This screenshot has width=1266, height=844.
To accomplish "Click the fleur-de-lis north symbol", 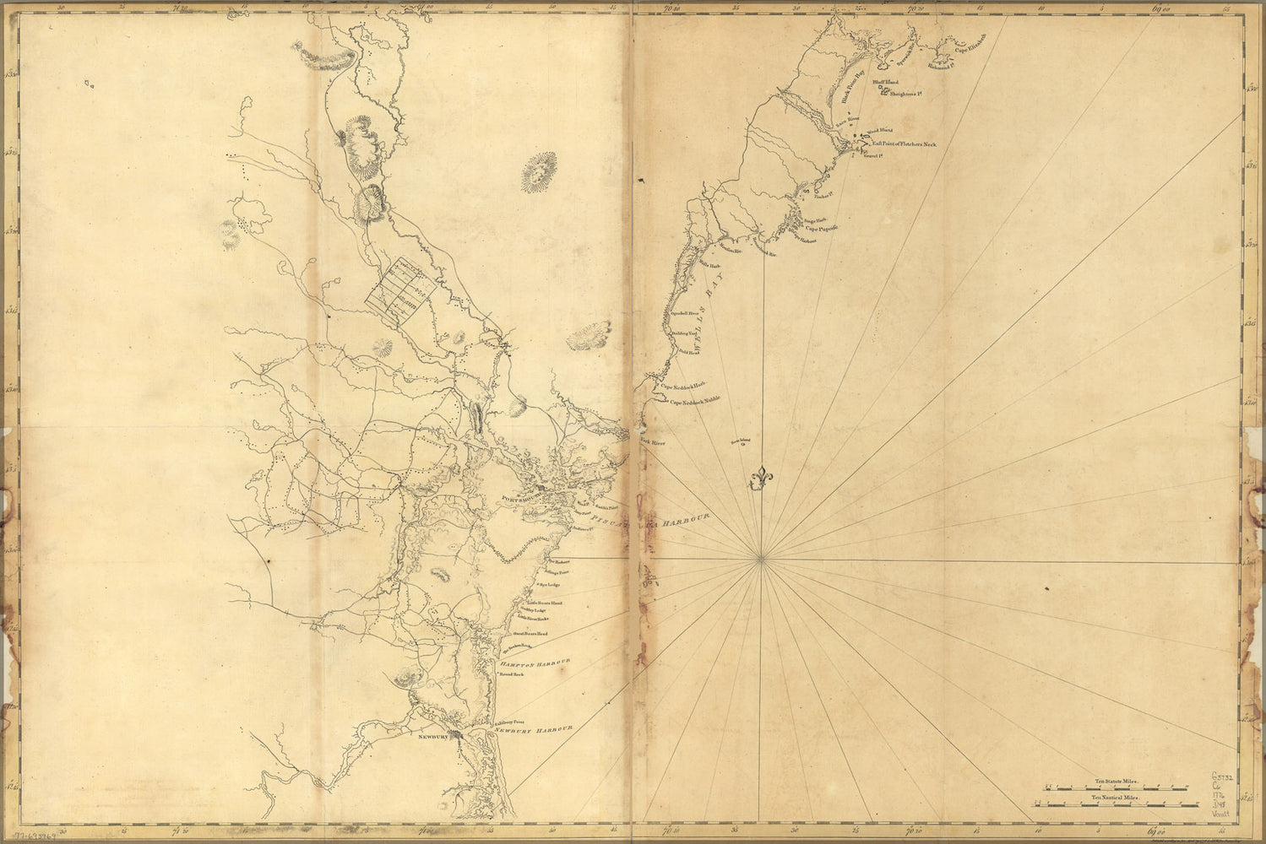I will [762, 477].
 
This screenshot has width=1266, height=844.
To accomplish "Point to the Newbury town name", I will [431, 737].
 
